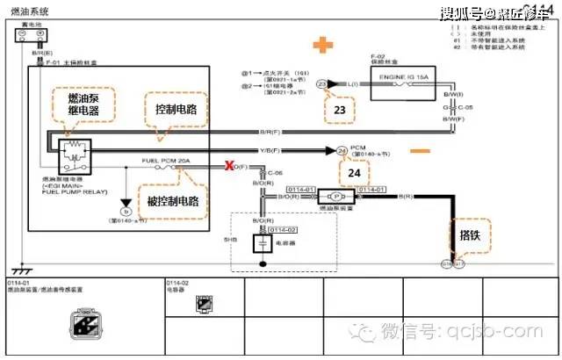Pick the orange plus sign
325,45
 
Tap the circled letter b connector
126,211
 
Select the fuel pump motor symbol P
337,198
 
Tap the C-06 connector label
275,173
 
